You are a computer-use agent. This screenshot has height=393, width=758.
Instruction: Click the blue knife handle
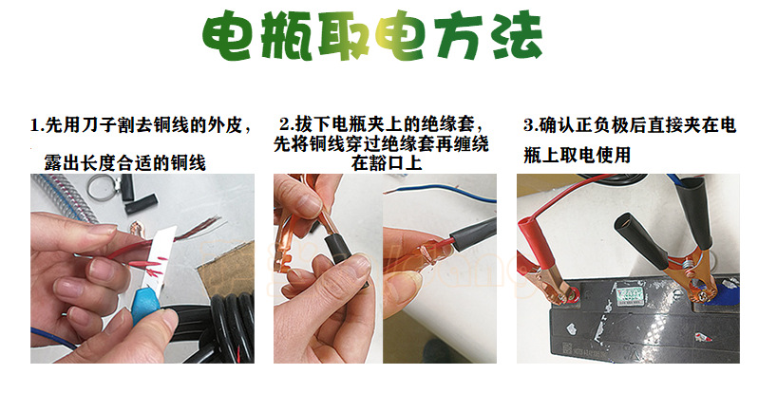coord(146,304)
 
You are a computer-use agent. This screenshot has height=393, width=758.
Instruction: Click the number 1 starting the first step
coord(35,125)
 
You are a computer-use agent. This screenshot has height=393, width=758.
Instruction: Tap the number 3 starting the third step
coord(529,125)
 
